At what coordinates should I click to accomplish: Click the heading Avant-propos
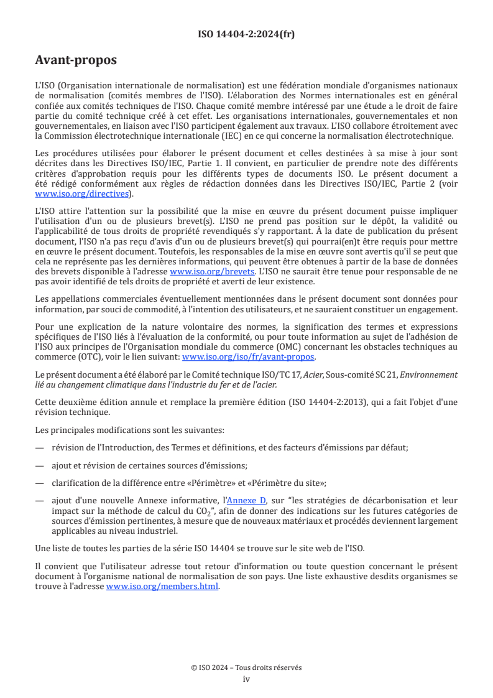click(x=76, y=60)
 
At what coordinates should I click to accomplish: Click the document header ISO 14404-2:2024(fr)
click(x=246, y=34)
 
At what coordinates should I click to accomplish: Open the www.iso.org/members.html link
click(x=162, y=585)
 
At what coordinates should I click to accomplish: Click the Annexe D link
click(x=246, y=500)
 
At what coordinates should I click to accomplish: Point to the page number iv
click(x=246, y=679)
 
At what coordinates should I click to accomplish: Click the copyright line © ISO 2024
click(x=246, y=668)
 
